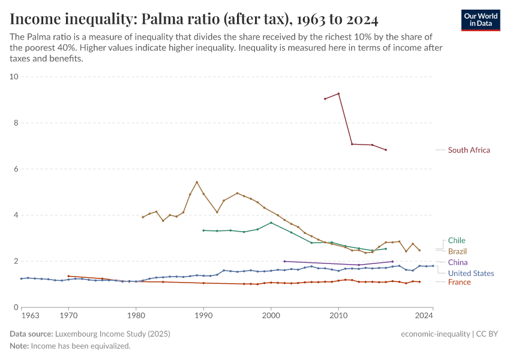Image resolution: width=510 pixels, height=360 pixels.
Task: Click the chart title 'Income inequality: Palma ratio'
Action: (x=194, y=19)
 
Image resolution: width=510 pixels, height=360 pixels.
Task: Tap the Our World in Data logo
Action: (x=480, y=20)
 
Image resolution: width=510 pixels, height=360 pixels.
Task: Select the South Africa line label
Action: (x=469, y=150)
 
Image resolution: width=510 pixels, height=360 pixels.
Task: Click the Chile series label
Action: (x=456, y=241)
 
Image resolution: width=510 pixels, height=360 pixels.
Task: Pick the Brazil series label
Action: (x=457, y=251)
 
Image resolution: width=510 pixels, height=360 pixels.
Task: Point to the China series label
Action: (x=458, y=262)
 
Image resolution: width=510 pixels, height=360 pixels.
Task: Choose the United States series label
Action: (x=471, y=273)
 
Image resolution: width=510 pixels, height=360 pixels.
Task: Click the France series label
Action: (x=459, y=282)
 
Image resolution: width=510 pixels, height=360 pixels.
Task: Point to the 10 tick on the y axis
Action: (x=14, y=77)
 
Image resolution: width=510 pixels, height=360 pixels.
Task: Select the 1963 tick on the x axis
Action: (x=31, y=315)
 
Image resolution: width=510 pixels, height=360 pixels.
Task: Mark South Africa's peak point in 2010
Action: (x=339, y=94)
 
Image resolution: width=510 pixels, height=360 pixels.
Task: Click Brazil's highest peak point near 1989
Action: (x=197, y=182)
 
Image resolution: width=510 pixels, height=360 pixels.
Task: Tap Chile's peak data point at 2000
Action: (x=271, y=223)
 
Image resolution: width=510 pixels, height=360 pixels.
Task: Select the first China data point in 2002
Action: (x=284, y=261)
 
